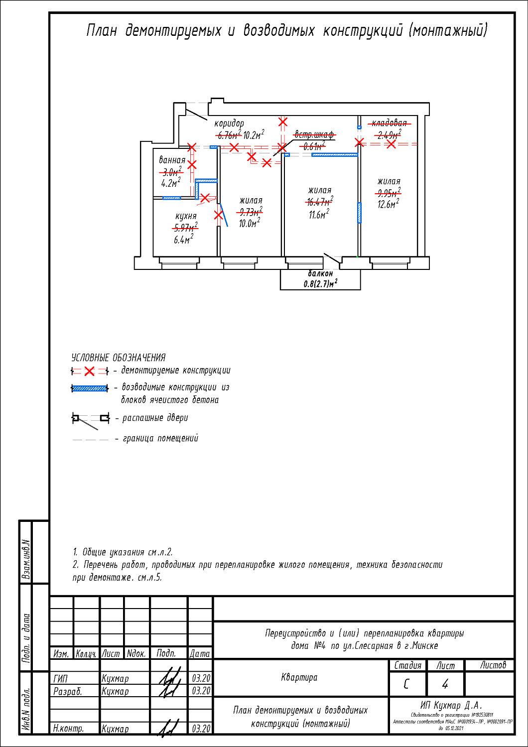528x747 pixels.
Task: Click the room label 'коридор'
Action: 229,124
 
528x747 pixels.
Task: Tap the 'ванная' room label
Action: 172,160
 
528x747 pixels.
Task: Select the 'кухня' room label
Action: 186,216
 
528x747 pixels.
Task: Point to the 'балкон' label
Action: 320,273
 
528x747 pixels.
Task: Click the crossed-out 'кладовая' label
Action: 390,123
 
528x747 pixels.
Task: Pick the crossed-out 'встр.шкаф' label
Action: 314,134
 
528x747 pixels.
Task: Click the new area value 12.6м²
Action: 388,204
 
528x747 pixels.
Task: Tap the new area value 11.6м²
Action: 318,215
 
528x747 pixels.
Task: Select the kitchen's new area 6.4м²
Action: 183,240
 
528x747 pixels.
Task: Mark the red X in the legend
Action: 89,371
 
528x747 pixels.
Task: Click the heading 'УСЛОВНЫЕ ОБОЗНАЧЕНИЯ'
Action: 119,358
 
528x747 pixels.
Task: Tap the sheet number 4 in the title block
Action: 445,684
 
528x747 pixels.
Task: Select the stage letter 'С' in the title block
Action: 406,684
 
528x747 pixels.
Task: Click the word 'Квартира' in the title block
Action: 299,677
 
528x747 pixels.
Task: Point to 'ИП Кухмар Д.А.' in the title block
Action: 451,705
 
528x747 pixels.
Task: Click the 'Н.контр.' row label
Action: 69,728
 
